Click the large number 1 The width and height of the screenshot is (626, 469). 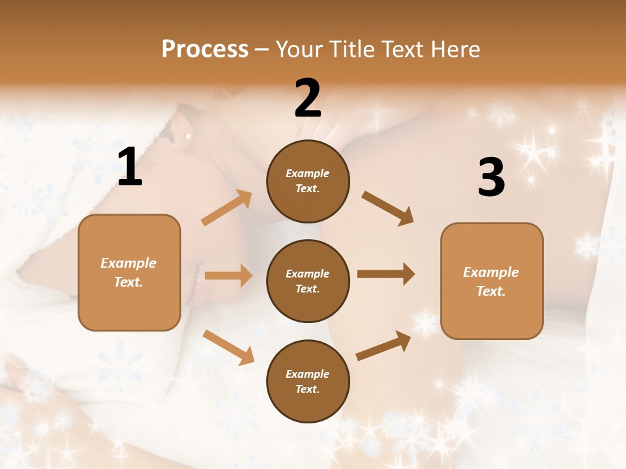pos(130,167)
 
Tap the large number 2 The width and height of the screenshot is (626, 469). pos(308,98)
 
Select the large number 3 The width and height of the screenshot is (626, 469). pos(491,177)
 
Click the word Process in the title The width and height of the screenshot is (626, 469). pos(205,49)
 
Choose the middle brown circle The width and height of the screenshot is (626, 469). pos(308,281)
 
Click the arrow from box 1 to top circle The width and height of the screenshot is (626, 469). pos(227,208)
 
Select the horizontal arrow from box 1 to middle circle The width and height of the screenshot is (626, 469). pos(228,276)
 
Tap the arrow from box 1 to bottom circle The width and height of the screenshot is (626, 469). pos(229,347)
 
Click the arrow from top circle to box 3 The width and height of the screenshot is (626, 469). pos(387,208)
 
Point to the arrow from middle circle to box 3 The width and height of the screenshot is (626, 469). pos(386,274)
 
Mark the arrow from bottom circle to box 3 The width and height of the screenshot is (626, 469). pos(383,345)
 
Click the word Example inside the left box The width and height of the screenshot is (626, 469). pos(128,263)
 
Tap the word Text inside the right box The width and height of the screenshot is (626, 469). pos(491,291)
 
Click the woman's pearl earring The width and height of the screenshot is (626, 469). pos(188,136)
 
